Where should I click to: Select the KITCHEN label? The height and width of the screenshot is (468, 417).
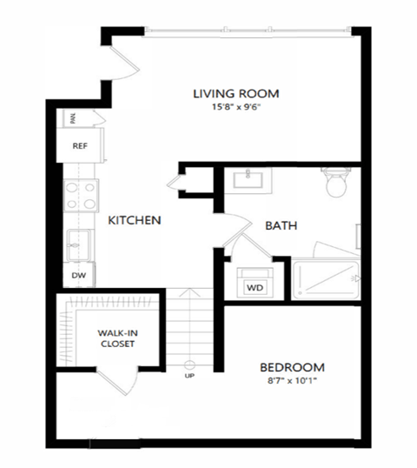coord(134,221)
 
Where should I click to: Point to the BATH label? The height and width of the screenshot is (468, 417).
coord(281,225)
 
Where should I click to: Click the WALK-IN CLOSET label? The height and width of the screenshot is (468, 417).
coord(116,336)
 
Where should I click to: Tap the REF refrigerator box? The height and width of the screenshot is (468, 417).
coord(80,147)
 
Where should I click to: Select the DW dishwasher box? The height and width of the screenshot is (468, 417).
coord(79,275)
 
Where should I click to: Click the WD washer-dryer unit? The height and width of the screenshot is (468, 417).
coord(255,286)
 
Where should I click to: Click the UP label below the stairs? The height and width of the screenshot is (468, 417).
coord(189,376)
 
